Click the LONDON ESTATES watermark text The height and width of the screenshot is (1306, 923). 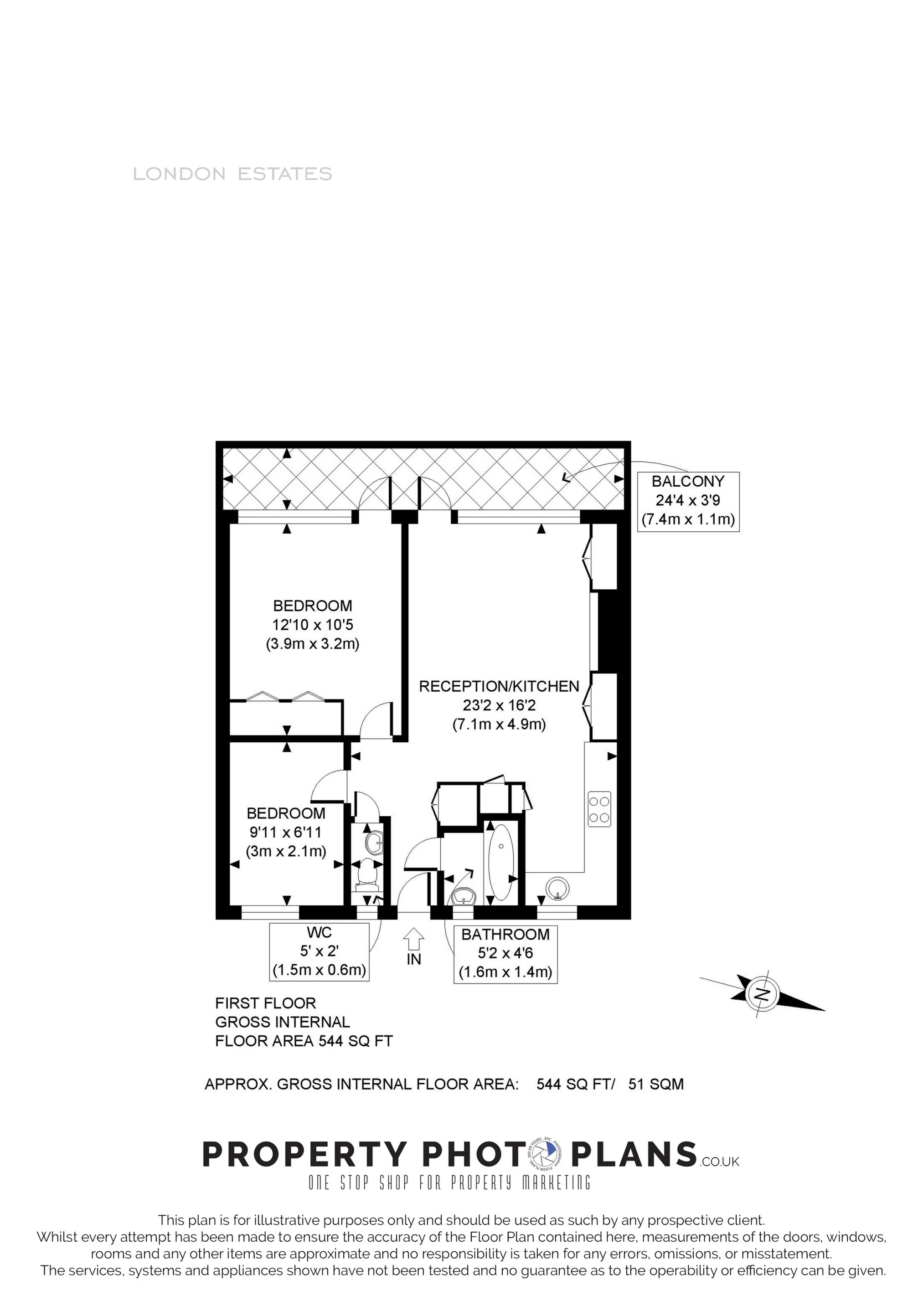(x=232, y=174)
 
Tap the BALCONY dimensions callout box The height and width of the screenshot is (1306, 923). (x=688, y=501)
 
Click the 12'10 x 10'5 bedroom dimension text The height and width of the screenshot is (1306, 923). (x=312, y=625)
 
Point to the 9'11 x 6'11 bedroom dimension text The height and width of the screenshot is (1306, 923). (x=286, y=832)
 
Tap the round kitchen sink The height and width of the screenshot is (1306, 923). (x=557, y=888)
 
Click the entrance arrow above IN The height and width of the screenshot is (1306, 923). (x=414, y=939)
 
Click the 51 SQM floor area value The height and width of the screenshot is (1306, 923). (x=655, y=1084)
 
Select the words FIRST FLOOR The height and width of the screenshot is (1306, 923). (x=265, y=1003)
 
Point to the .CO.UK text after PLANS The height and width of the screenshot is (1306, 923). (x=719, y=1161)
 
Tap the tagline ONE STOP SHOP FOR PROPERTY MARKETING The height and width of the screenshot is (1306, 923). (x=449, y=1183)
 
